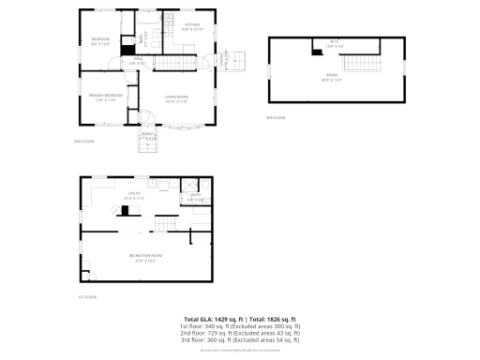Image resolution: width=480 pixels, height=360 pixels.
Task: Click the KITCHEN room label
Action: point(191,26)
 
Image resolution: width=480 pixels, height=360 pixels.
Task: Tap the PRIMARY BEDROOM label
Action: point(106,97)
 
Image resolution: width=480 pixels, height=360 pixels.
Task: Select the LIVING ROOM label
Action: point(177,98)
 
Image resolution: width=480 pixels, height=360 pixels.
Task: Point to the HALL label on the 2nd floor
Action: point(137,61)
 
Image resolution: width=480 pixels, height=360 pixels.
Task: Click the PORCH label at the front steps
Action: point(148,135)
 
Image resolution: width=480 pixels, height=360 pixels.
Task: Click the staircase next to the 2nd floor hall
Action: point(178,64)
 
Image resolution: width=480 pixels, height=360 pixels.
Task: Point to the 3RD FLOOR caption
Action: point(276,117)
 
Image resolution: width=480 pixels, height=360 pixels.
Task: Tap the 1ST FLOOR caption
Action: point(87,296)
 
